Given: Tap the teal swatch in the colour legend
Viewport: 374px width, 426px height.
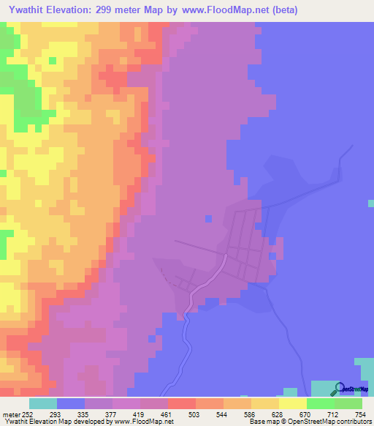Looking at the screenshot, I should tap(43, 404).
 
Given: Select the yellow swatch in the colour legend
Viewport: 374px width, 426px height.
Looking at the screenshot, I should tap(293, 404).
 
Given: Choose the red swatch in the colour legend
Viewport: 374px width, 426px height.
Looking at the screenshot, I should tap(182, 404).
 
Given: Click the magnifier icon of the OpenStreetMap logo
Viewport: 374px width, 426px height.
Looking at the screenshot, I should tap(338, 388).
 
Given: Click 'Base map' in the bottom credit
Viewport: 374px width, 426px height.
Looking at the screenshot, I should tap(261, 422).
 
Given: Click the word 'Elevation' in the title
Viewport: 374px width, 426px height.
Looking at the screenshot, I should tap(78, 10).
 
